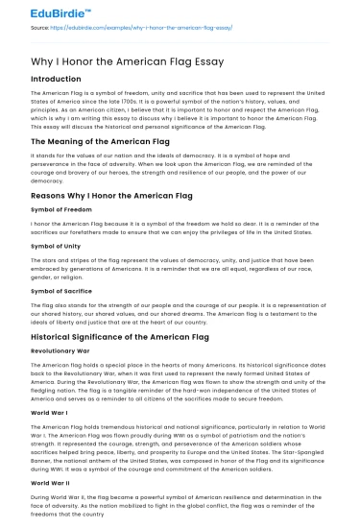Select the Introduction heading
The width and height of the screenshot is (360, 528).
coord(56,79)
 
